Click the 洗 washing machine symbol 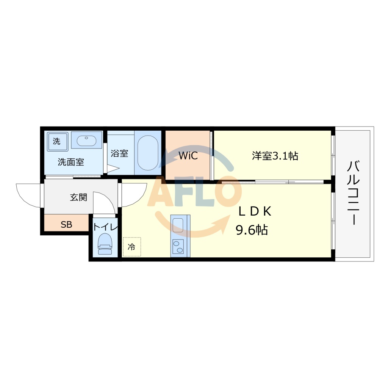click(57, 141)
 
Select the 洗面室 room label click(70, 162)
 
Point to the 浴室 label click(119, 153)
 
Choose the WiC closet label click(188, 156)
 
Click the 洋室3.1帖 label click(275, 156)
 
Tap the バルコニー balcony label click(354, 193)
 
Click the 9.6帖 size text click(252, 230)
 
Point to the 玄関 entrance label click(78, 197)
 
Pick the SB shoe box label click(66, 225)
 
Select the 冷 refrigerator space click(131, 247)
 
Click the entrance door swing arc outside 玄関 click(29, 195)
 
